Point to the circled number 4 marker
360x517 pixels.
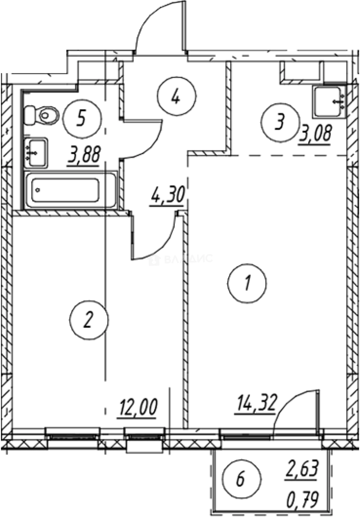coord(176,97)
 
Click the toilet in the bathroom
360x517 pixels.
coord(42,114)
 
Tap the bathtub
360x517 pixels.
coord(70,191)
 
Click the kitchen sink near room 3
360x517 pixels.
coord(329,101)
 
